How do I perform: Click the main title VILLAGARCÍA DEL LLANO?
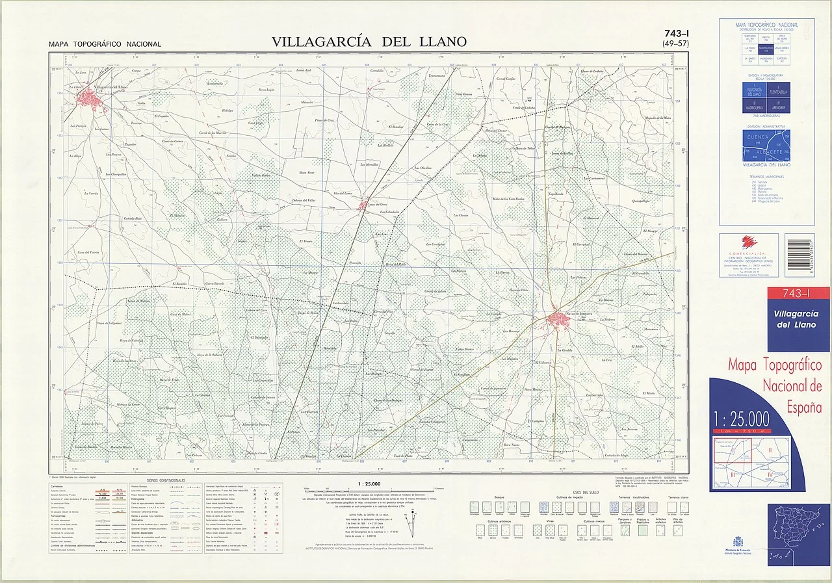(x=369, y=42)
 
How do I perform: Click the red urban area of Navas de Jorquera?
(x=558, y=318)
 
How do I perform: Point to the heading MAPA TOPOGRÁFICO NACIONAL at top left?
(x=105, y=45)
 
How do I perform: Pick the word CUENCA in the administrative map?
(x=757, y=138)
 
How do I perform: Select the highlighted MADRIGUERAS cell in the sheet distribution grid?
(x=766, y=48)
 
